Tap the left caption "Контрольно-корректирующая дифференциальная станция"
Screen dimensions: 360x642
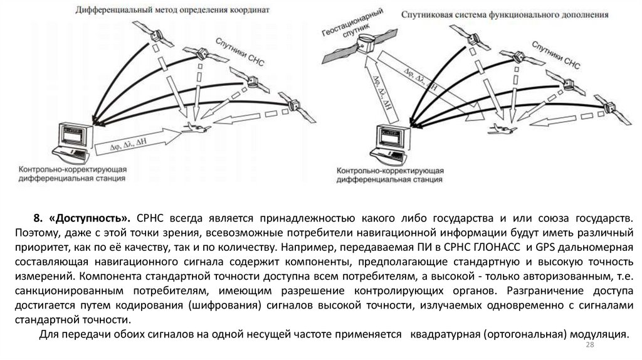click(73, 174)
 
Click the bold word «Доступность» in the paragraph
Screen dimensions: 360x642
click(92, 218)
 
